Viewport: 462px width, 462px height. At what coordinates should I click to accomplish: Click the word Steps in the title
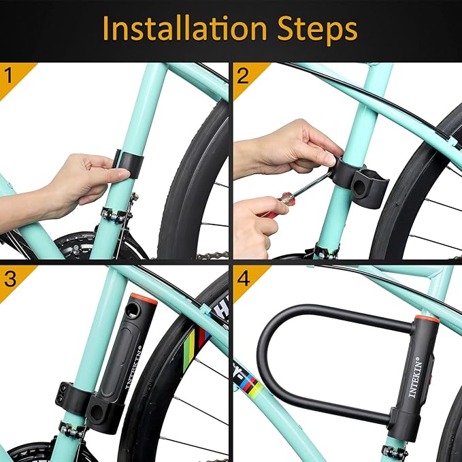click(316, 29)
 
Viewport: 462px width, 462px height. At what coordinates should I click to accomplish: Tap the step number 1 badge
click(10, 74)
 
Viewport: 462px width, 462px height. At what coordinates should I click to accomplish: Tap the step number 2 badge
click(242, 74)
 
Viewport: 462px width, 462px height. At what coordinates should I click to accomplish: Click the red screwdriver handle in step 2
click(273, 205)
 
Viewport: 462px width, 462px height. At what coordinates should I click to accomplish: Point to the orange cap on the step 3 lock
click(141, 300)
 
